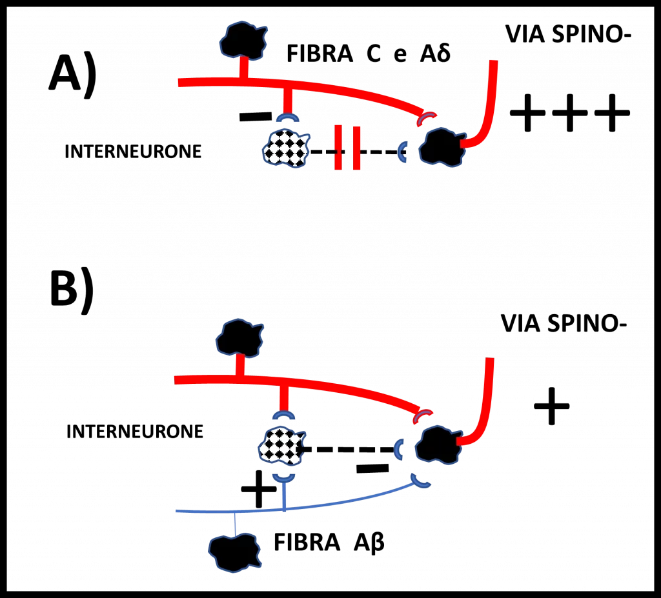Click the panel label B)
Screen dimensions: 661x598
[72, 291]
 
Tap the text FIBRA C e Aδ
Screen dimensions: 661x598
[369, 54]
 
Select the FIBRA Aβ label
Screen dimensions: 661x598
[329, 542]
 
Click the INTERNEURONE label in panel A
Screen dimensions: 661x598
[133, 152]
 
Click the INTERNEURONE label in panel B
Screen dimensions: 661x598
[135, 432]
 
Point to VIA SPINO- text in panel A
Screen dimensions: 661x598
[568, 34]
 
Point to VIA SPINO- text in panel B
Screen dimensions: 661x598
[564, 324]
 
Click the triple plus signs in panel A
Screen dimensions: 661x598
[570, 112]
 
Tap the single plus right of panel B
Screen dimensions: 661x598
[552, 406]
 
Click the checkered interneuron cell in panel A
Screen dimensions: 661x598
[286, 149]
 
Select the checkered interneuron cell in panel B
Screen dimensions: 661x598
[281, 446]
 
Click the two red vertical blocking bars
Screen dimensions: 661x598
[347, 147]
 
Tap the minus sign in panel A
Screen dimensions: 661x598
[256, 116]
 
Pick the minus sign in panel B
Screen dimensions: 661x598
[372, 468]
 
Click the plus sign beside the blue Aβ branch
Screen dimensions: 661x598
[258, 489]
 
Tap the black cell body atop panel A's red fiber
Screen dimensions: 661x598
[243, 40]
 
